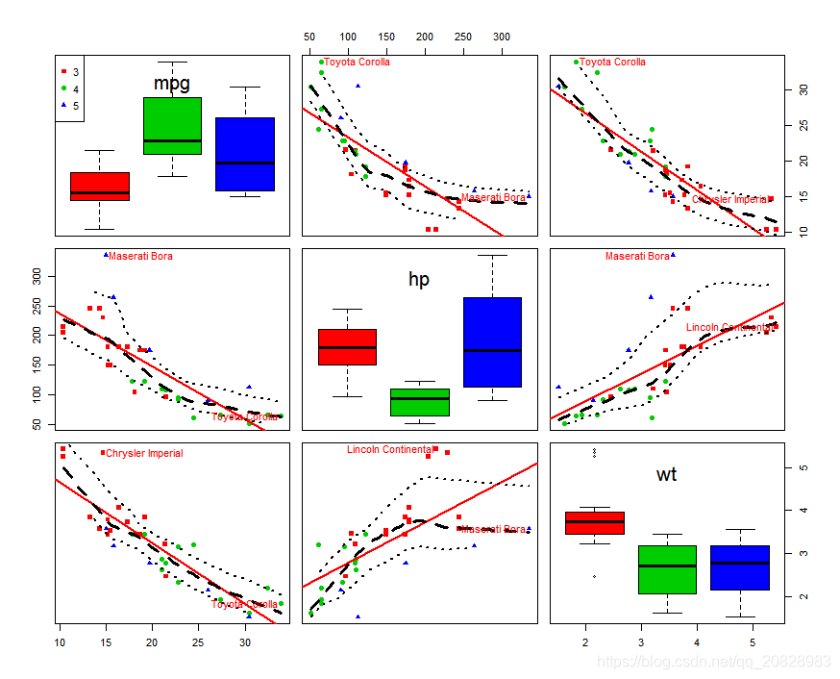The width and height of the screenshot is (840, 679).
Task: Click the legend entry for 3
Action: pos(70,72)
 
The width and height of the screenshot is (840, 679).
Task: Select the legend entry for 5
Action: pos(70,105)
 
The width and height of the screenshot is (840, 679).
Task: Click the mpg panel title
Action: pos(172,84)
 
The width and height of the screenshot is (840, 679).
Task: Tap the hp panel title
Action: pos(419,280)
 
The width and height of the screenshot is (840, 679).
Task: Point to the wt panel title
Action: pos(666,474)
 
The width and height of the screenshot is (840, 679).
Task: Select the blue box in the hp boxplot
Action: pos(492,342)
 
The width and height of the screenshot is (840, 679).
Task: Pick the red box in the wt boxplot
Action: pos(594,523)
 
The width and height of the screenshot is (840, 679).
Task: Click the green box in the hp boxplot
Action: pos(419,401)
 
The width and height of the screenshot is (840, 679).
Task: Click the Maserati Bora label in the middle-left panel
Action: pos(140,257)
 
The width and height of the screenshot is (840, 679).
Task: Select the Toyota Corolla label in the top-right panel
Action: pos(612,63)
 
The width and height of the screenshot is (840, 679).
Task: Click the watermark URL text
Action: pos(712,662)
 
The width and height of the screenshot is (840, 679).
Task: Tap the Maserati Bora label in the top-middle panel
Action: pos(493,198)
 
